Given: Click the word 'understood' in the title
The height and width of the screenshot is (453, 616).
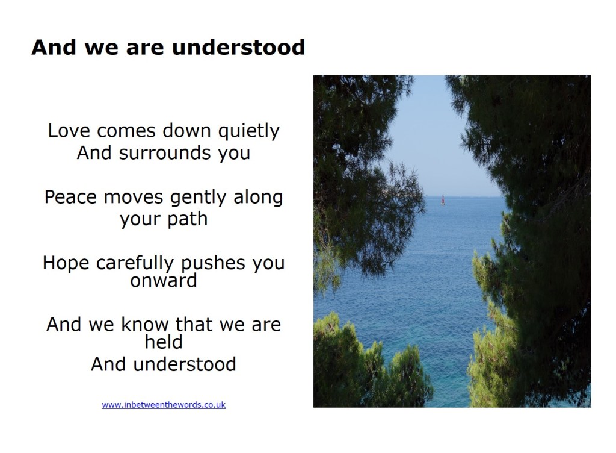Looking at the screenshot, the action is coord(238,48).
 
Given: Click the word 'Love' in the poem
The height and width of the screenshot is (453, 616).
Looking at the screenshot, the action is coord(69,131).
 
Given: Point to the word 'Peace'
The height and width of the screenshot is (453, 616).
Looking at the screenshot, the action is coord(71,197).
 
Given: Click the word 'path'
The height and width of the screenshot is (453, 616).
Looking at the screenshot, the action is coord(188,219).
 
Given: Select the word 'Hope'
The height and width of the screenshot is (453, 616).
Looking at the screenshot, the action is coord(66,263).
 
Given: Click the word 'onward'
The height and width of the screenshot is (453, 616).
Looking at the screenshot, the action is coord(164,281).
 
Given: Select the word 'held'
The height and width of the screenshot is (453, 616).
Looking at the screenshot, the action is coord(164,342).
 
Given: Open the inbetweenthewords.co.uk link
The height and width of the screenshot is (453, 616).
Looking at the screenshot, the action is coord(164,405).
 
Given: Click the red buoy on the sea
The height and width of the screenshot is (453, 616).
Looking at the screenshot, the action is coord(443,200).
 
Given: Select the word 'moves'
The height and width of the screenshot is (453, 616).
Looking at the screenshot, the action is coord(134,198).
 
